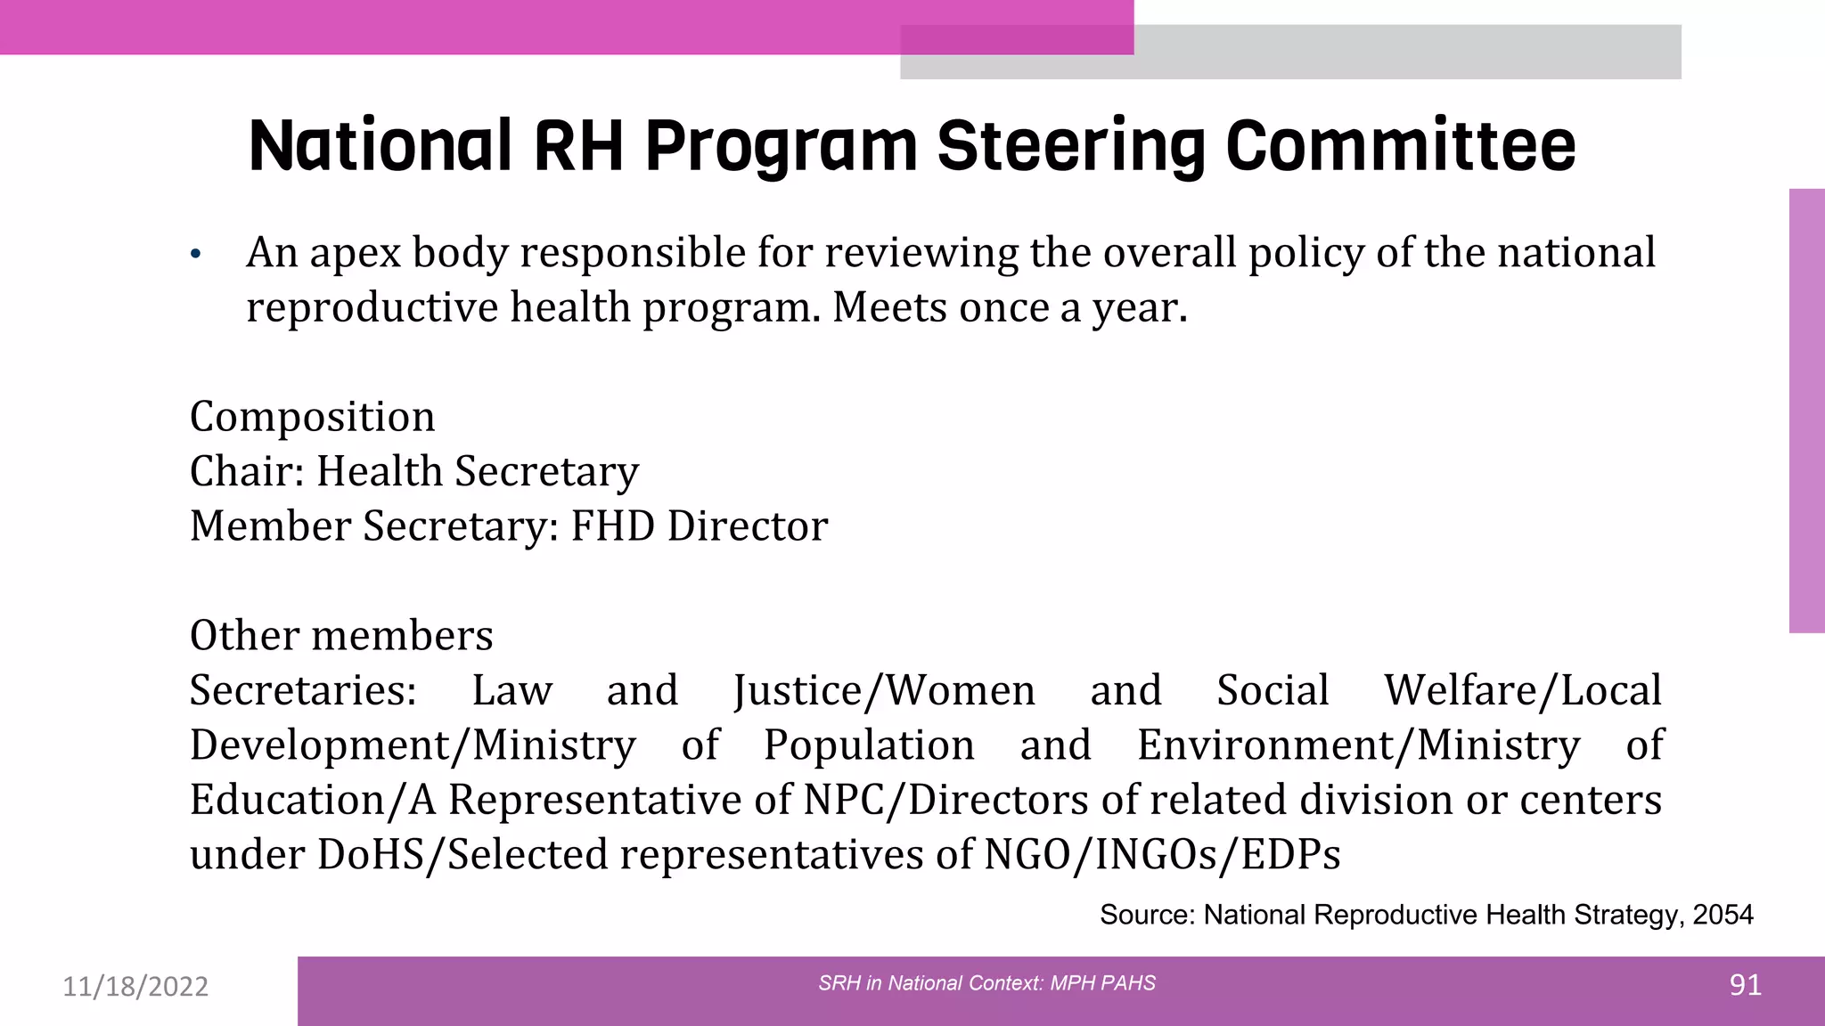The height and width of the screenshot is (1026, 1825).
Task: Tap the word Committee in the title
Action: tap(1400, 147)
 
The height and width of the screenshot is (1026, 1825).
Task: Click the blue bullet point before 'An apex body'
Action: tap(196, 256)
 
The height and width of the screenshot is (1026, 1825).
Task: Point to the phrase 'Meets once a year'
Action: tap(1009, 308)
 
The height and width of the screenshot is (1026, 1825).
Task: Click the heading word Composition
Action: tap(312, 417)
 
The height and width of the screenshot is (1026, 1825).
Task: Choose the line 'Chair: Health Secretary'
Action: tap(414, 471)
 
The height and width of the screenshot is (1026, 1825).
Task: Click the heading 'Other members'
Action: tap(341, 635)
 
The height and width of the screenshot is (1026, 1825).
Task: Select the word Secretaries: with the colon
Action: tap(303, 690)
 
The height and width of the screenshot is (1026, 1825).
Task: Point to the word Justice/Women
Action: tap(884, 690)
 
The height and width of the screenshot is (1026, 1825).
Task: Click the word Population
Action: tap(869, 745)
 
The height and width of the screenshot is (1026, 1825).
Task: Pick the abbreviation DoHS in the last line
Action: tap(369, 855)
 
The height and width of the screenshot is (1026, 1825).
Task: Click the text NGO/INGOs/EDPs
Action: tap(1162, 855)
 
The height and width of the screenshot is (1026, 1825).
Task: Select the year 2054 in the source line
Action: tap(1723, 915)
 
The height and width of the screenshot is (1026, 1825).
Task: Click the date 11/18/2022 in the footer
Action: tap(135, 987)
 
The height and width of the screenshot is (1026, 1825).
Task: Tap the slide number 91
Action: tap(1745, 985)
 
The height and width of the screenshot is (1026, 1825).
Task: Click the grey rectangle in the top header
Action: tap(1408, 52)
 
